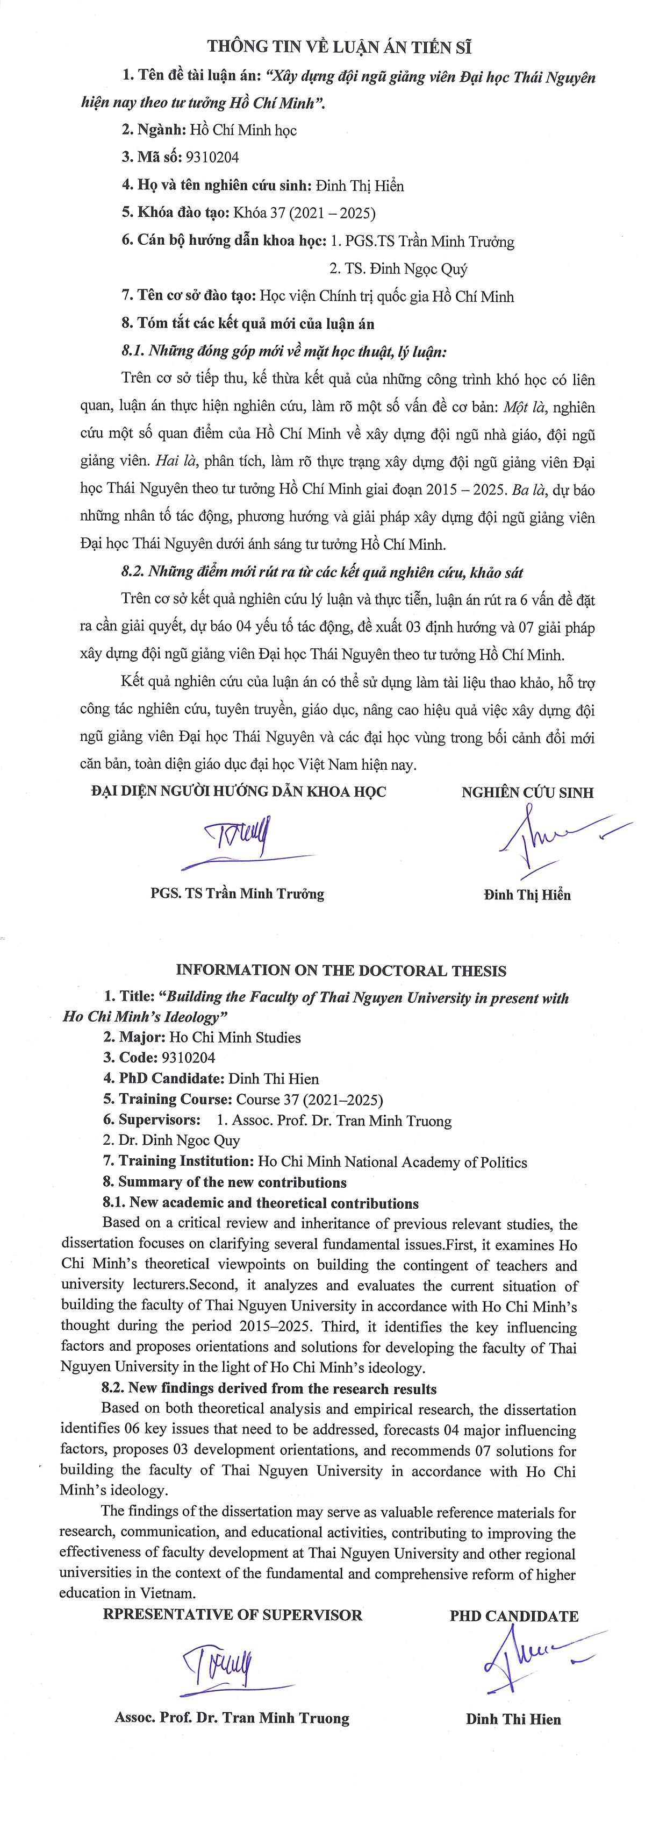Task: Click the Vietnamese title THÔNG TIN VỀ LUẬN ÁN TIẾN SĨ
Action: [x=339, y=47]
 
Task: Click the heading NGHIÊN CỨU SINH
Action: [x=527, y=792]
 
